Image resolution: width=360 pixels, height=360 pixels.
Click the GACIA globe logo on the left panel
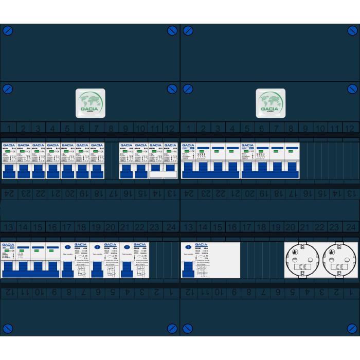tap(91, 103)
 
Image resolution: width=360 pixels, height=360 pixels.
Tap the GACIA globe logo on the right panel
tap(271, 103)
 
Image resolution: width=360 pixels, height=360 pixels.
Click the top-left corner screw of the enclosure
tap(8, 31)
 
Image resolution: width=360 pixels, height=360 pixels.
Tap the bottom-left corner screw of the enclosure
tap(8, 328)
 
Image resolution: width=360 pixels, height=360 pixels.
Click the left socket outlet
tap(302, 260)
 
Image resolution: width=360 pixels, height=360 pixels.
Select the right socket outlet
tap(338, 260)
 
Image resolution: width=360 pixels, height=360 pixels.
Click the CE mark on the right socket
tap(338, 267)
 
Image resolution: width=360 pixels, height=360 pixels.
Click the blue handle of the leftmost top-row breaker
tap(9, 171)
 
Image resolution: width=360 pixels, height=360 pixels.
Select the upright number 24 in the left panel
tap(171, 227)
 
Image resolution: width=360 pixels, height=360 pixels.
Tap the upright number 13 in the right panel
tap(188, 227)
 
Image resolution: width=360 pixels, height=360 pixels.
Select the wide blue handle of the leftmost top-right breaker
tap(188, 168)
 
